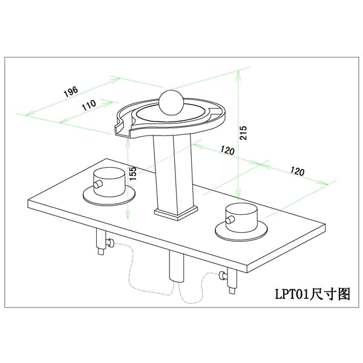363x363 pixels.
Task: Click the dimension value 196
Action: (70, 92)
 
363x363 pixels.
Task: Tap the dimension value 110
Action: (88, 105)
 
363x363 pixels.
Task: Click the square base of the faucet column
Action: (176, 212)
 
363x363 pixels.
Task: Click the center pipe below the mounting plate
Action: (176, 267)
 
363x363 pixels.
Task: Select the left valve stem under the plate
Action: (100, 243)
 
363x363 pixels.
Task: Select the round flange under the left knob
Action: (109, 195)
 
